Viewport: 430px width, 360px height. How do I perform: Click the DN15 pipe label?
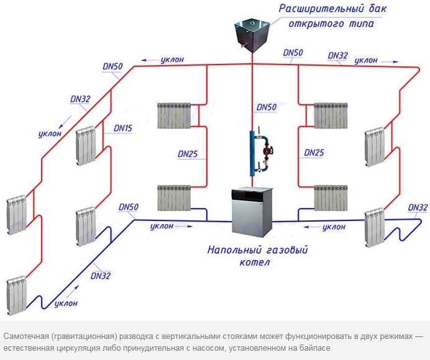click(x=123, y=128)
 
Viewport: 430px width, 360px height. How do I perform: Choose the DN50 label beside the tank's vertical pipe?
click(x=267, y=107)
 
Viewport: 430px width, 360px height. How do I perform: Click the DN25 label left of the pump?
click(x=190, y=153)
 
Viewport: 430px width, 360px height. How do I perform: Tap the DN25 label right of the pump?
click(x=314, y=153)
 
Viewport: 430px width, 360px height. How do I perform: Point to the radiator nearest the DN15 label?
click(x=85, y=147)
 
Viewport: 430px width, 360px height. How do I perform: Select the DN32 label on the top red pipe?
click(x=337, y=55)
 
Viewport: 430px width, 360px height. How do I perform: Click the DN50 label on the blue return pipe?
click(x=129, y=207)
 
